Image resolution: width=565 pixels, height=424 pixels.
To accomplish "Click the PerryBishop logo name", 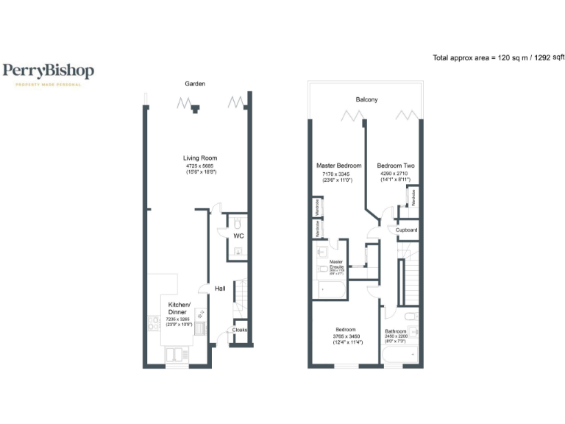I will point(48,71).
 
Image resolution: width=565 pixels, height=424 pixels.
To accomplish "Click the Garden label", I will point(194,85).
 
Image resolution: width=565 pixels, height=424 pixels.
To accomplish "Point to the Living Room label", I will point(200,158).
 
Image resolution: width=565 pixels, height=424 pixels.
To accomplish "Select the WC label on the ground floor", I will point(238,236).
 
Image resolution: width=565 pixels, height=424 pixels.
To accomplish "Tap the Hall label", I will point(220,289).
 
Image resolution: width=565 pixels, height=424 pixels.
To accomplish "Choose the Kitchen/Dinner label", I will point(180,308).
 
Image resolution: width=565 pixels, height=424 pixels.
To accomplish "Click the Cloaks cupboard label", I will point(240,331).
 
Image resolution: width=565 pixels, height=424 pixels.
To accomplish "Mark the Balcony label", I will point(366,99).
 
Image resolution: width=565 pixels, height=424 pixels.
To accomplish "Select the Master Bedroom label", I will point(339,166).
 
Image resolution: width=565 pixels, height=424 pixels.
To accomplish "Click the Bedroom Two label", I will point(396,166).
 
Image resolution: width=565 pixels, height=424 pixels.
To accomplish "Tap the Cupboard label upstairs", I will point(406,230).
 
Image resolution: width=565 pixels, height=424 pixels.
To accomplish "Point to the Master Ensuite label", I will point(337,264).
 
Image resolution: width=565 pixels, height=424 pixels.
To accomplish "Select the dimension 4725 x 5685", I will point(200,166).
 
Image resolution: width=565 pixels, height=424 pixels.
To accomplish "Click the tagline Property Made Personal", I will point(48,84).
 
